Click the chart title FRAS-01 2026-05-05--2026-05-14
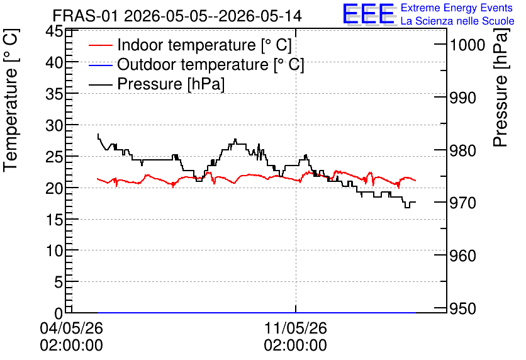pos(177,16)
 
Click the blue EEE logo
pos(369,14)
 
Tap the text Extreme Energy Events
pos(457,8)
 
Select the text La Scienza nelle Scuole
pos(457,21)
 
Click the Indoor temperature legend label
pos(204,45)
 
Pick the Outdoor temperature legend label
pos(211,64)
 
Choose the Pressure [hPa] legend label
pos(171,84)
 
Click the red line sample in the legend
pos(100,45)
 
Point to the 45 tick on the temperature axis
pos(54,31)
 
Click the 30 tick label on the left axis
pos(54,126)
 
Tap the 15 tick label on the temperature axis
pos(54,220)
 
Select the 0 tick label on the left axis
pos(59,313)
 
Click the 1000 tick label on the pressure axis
pos(467,45)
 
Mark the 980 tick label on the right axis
pos(463,150)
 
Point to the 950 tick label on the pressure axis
pos(463,308)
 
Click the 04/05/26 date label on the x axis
pos(72,328)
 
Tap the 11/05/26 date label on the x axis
pos(296,328)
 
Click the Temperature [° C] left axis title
pos(11,101)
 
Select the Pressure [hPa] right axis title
pos(501,87)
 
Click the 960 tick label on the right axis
pos(463,256)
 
